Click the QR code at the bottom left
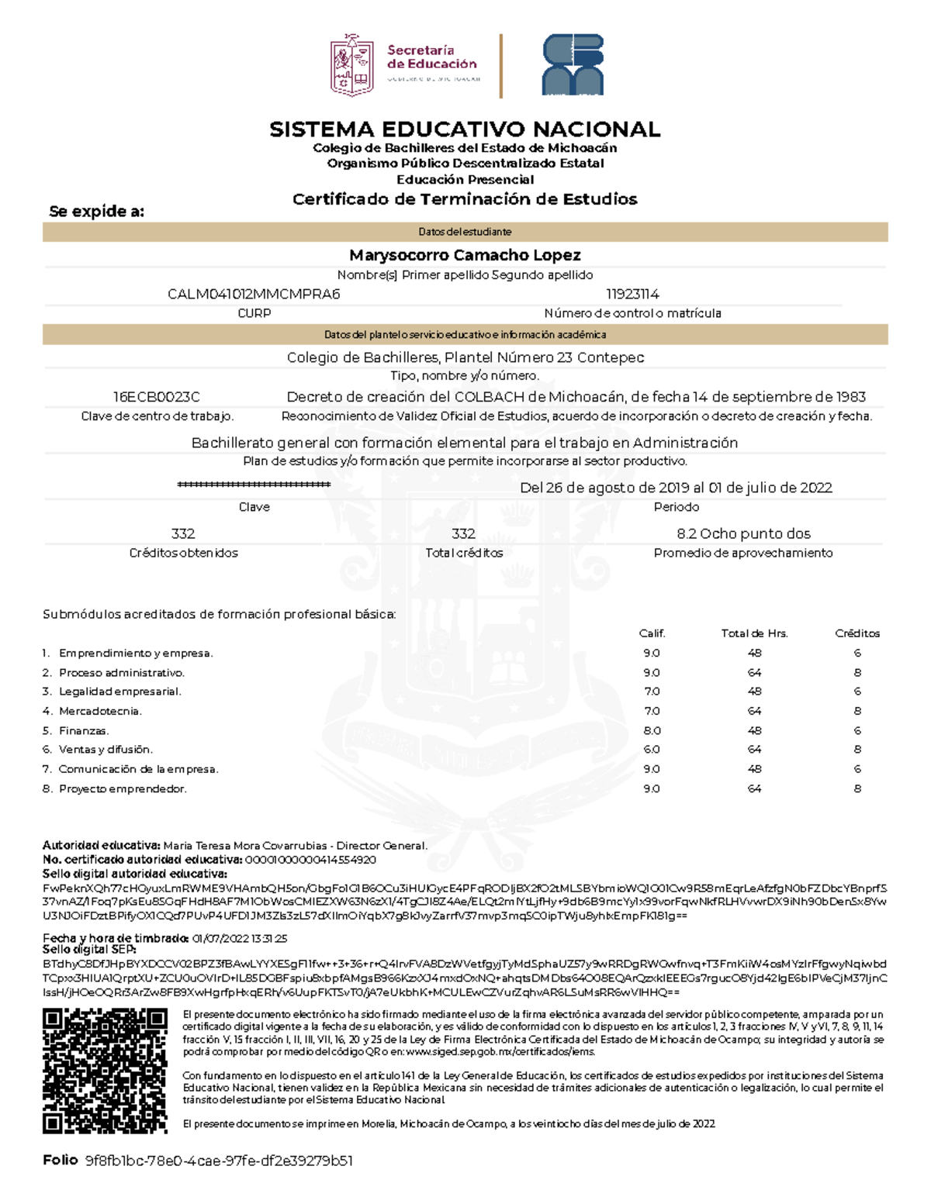click(x=105, y=1070)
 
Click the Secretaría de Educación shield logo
click(x=352, y=65)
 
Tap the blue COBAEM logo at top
click(x=573, y=65)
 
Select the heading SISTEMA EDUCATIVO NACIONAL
click(x=465, y=129)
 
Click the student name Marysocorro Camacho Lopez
click(x=465, y=255)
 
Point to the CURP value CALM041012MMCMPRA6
click(x=254, y=295)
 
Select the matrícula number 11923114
click(x=632, y=295)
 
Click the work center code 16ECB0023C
click(x=157, y=397)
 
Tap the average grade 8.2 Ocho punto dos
click(x=743, y=533)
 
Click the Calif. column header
click(x=652, y=633)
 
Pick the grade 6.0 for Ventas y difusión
click(x=652, y=750)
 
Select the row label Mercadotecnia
click(x=100, y=711)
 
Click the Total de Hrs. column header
click(x=754, y=633)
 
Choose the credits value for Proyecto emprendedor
click(x=857, y=788)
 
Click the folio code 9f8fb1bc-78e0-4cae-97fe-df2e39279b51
click(x=219, y=1161)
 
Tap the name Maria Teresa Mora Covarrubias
click(x=245, y=846)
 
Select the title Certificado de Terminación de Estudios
click(x=465, y=199)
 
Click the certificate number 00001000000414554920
click(x=310, y=860)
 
